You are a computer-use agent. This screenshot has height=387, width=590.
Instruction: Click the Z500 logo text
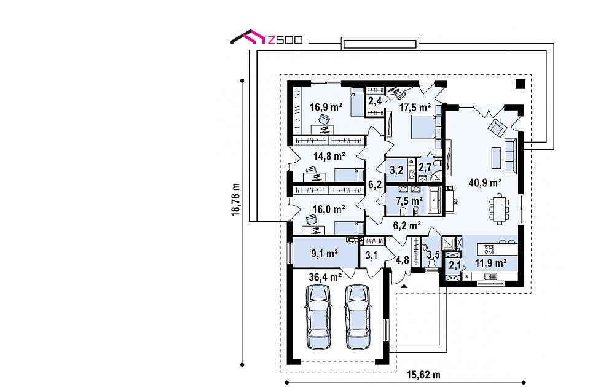[x=285, y=40]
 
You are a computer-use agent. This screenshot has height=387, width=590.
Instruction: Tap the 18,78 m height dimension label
[x=236, y=199]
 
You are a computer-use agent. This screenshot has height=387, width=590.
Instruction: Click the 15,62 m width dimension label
[x=423, y=375]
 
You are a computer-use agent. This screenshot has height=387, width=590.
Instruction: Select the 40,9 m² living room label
[x=485, y=183]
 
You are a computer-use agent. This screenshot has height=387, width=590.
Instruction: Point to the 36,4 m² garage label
[x=325, y=278]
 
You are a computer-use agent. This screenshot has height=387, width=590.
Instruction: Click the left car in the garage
[x=319, y=316]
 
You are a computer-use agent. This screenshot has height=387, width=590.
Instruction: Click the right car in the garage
[x=358, y=316]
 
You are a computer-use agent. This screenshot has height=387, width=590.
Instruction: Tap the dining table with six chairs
[x=499, y=209]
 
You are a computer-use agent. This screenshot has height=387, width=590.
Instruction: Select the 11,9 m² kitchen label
[x=490, y=263]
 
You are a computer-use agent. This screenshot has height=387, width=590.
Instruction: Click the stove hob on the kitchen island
[x=489, y=249]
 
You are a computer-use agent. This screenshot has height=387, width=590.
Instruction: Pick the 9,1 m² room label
[x=324, y=254]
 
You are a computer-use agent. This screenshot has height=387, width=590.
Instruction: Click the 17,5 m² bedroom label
[x=415, y=107]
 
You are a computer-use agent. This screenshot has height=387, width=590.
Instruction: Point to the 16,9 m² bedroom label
[x=326, y=107]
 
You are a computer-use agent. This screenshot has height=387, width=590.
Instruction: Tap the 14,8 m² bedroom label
[x=329, y=155]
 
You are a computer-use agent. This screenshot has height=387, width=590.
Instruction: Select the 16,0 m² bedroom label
[x=329, y=209]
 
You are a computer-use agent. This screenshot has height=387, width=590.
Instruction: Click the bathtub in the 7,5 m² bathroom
[x=435, y=200]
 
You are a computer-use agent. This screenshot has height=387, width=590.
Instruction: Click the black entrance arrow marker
[x=404, y=287]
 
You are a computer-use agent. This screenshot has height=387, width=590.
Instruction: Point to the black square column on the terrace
[x=520, y=84]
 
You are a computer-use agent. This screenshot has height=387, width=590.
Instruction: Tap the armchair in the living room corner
[x=497, y=128]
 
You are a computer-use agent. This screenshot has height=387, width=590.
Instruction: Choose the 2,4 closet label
[x=375, y=101]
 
